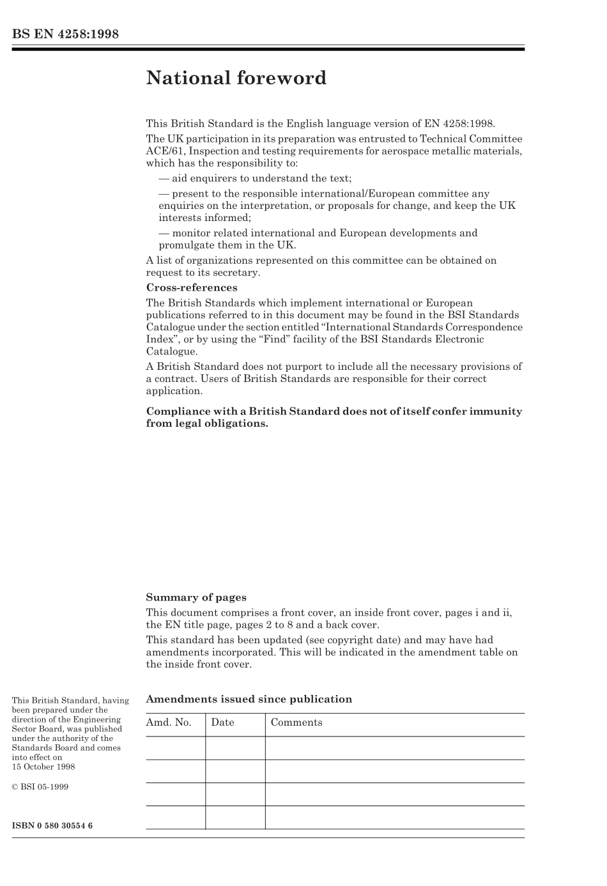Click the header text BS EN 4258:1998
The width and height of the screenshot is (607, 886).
(65, 34)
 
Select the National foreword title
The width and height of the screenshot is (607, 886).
(236, 78)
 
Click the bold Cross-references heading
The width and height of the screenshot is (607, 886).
(191, 287)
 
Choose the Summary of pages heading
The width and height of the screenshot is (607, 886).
(196, 598)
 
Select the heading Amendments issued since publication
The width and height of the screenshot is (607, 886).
(249, 699)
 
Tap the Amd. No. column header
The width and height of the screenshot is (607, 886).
(169, 723)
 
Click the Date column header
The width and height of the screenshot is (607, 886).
(222, 723)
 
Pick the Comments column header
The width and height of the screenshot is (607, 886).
(296, 723)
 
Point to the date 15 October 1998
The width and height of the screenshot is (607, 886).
(43, 767)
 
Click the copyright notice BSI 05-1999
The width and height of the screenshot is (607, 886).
(40, 787)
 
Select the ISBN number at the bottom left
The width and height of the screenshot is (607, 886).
(52, 826)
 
